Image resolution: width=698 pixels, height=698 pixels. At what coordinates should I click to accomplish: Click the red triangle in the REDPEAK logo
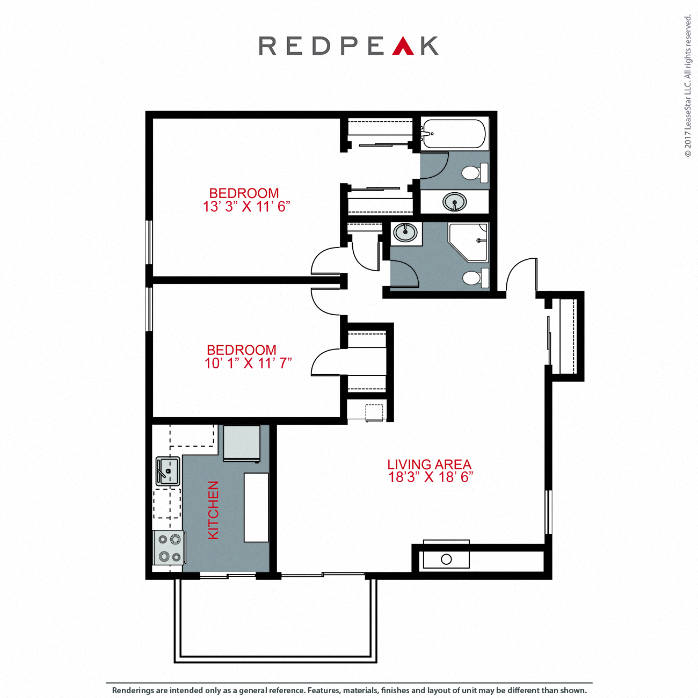pos(403,47)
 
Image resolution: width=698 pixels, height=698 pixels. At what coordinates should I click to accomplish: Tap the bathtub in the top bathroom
pos(454,134)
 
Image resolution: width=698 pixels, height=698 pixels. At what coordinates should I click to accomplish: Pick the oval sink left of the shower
pos(405,233)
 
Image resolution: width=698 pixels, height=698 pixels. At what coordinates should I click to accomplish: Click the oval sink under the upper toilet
pos(455,202)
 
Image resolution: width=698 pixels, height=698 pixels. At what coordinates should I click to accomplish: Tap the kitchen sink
pos(168,470)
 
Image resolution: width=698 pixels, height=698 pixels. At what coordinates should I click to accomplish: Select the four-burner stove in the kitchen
pos(169,548)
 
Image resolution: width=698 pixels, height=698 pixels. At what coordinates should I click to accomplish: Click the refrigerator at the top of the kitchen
pos(242,443)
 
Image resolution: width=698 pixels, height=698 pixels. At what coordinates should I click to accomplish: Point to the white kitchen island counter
pos(256,507)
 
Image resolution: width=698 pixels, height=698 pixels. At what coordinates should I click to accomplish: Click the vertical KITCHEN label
pos(213,510)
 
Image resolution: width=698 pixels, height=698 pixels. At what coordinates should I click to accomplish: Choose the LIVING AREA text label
pos(429,464)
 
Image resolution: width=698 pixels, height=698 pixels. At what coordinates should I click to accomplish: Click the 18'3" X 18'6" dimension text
pos(431,477)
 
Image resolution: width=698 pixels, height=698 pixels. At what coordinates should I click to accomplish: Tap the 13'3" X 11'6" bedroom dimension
pos(246,207)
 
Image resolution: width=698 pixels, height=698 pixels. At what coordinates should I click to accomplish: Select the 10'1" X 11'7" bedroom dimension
pos(248,363)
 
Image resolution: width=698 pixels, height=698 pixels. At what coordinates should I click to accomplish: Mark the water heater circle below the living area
pos(446,559)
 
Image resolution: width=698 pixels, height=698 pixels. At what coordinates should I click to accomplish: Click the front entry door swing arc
pos(518,271)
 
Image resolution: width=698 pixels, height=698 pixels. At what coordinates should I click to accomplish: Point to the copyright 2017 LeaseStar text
pos(688,86)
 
